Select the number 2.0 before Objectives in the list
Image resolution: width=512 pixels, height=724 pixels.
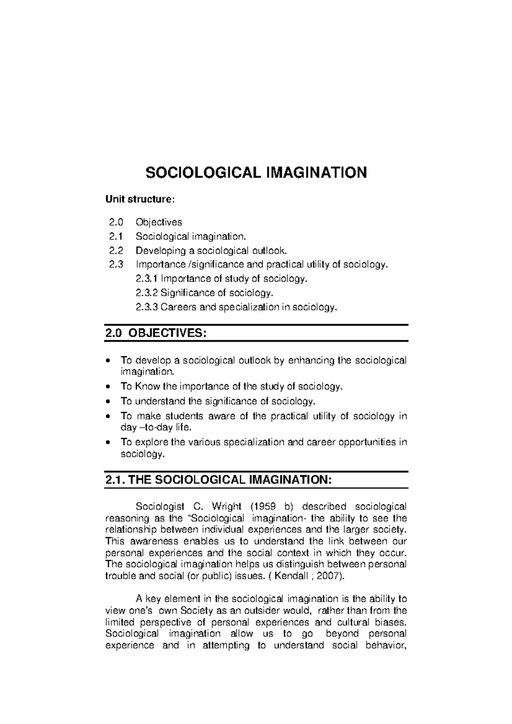pos(115,222)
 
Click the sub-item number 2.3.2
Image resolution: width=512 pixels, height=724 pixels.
pos(147,293)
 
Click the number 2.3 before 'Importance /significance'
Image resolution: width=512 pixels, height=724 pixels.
pos(115,264)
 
